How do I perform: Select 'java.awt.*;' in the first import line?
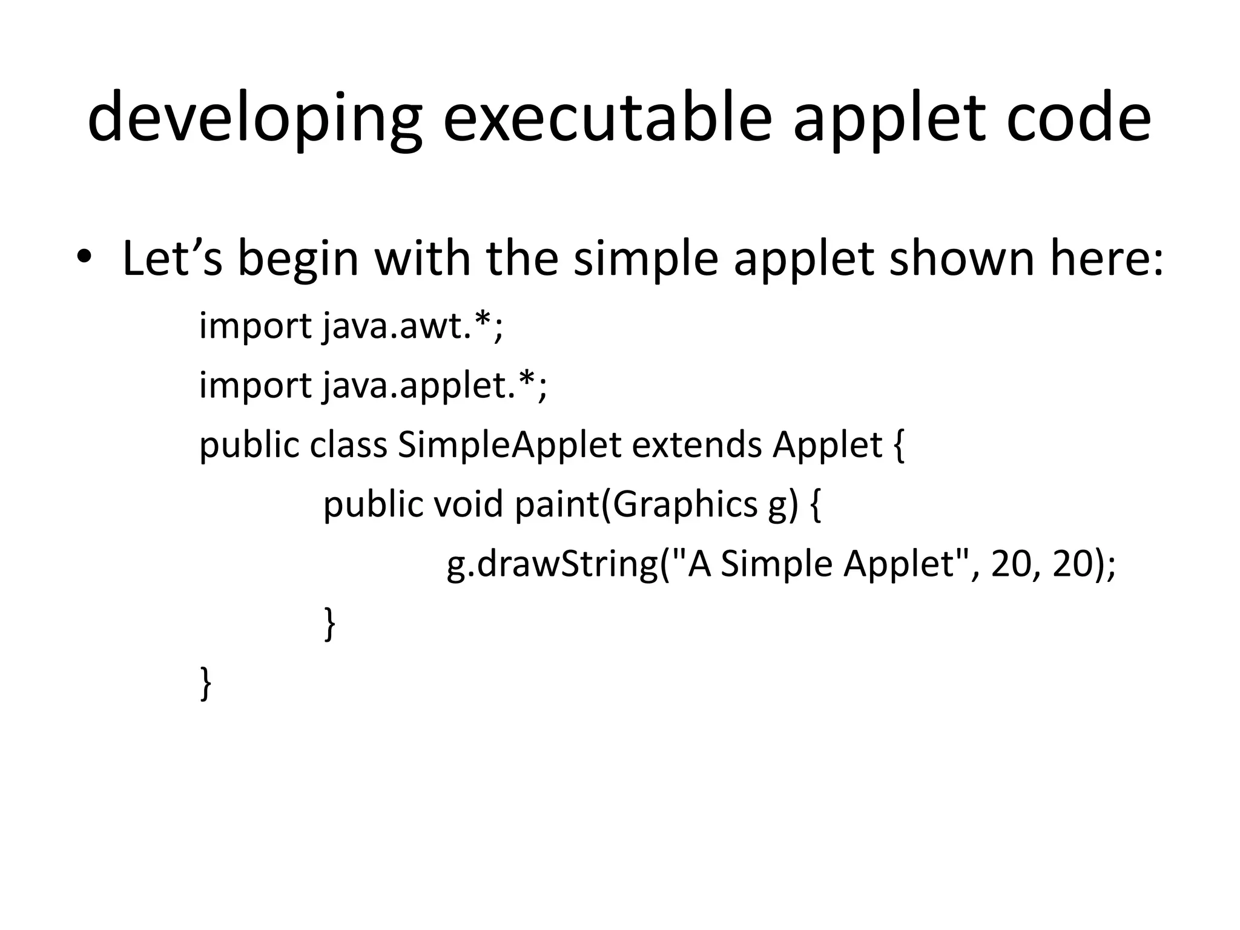click(412, 327)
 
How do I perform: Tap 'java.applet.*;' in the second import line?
click(434, 386)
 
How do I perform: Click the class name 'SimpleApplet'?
click(509, 446)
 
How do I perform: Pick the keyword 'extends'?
click(697, 445)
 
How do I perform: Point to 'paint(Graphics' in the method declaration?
click(636, 505)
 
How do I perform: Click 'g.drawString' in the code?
click(552, 565)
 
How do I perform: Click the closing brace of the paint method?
click(329, 624)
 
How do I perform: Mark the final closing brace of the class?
click(206, 684)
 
